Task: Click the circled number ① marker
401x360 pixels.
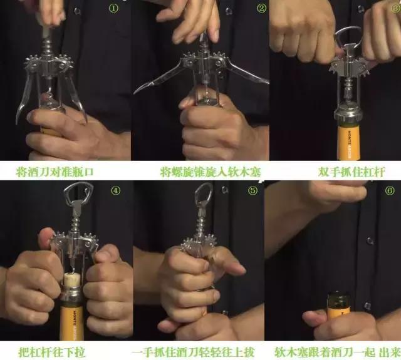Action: (113, 9)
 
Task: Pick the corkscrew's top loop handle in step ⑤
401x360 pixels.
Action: (203, 195)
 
